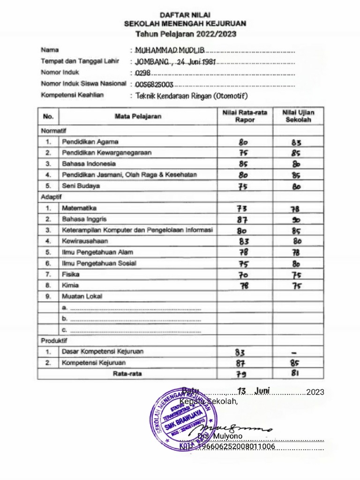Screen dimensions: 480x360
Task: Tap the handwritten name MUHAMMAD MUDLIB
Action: coord(169,50)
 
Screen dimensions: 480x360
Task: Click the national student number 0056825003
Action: coord(154,85)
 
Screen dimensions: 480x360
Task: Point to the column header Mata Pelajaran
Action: coord(138,116)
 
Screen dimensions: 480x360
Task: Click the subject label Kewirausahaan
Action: coord(85,241)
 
